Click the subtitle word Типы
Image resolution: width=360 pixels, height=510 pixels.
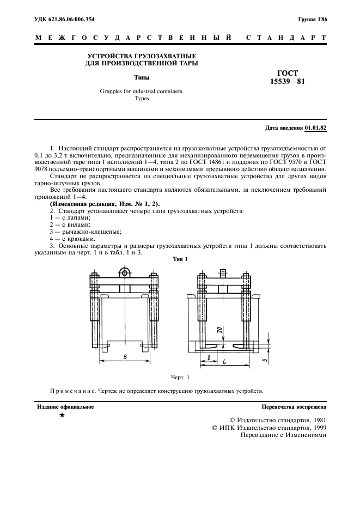click(142, 78)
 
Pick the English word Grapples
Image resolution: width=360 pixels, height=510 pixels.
click(112, 92)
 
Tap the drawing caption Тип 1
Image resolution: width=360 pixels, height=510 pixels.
click(180, 259)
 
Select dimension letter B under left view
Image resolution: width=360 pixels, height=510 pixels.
click(125, 357)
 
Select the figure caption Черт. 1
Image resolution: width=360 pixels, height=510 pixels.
click(180, 377)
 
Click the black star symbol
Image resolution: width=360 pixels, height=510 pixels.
click(62, 416)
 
